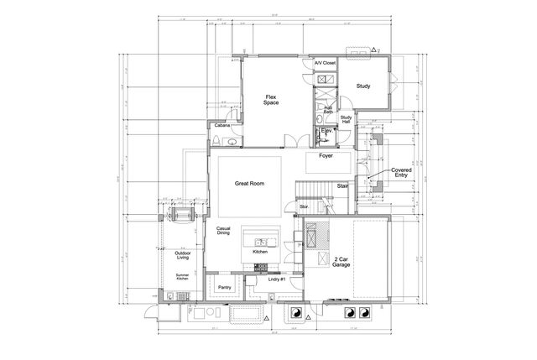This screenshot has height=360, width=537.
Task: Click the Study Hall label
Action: tap(345, 120)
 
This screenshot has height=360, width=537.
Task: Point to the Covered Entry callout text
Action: tap(400, 171)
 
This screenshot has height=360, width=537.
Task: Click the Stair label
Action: tap(342, 186)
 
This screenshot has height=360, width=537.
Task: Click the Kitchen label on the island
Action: tap(259, 251)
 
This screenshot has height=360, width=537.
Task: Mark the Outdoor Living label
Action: tap(182, 255)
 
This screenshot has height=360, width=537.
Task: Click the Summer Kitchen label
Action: tap(182, 278)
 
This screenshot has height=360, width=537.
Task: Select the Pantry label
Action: tap(224, 287)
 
